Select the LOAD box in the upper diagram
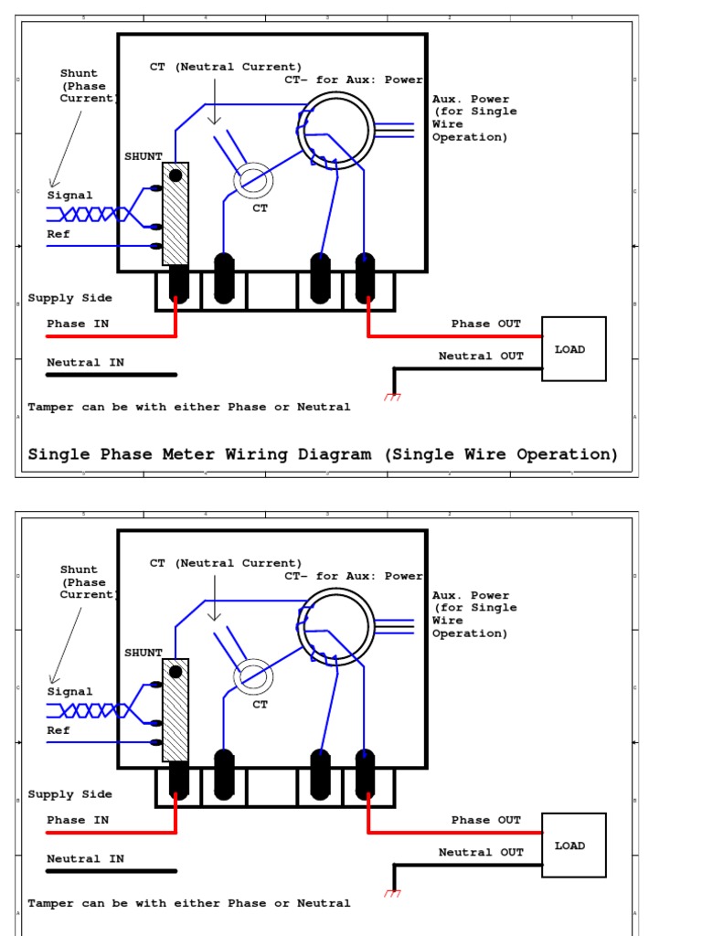click(574, 348)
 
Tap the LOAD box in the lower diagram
click(574, 845)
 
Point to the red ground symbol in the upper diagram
click(392, 397)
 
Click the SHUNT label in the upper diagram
click(144, 156)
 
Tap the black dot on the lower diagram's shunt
click(175, 672)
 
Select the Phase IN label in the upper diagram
click(78, 324)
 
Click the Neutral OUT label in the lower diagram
click(481, 853)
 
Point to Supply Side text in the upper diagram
click(69, 298)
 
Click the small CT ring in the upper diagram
click(253, 180)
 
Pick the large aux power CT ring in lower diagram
click(335, 626)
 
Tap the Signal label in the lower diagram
click(69, 692)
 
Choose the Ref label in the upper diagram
click(58, 234)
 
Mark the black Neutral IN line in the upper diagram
click(112, 375)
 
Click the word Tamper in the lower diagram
click(51, 903)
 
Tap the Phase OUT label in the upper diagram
click(486, 324)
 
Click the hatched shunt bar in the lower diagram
click(175, 709)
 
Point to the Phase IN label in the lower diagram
click(78, 820)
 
